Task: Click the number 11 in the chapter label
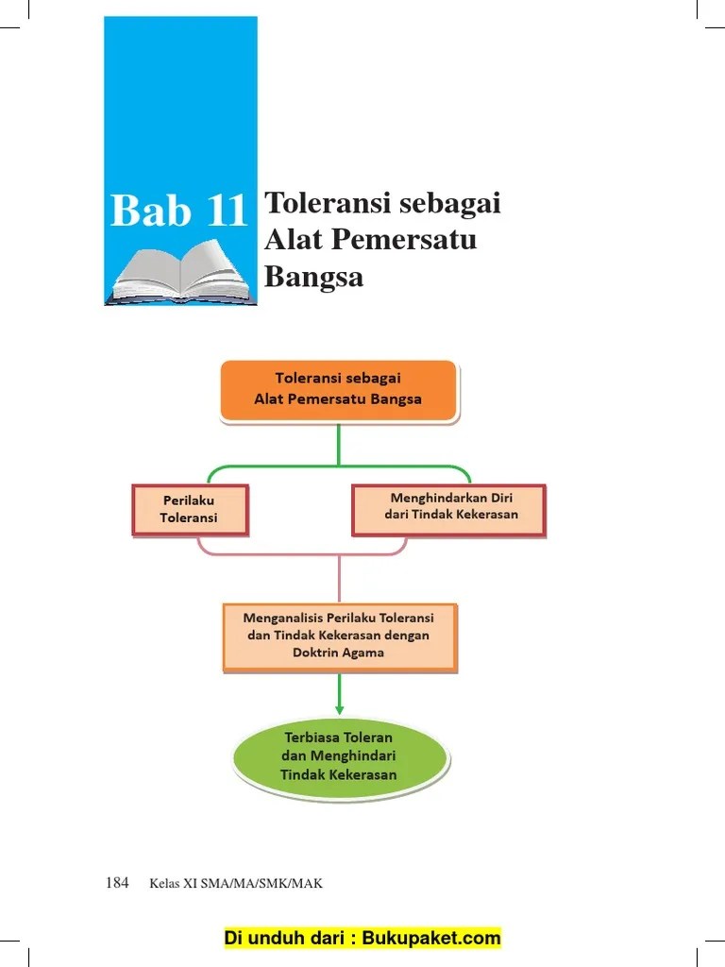coord(227,211)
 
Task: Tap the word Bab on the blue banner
coord(150,210)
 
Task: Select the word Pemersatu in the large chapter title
coord(404,239)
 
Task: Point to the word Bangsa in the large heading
coord(313,277)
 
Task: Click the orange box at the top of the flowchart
coord(339,390)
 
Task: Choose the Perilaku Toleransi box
coord(190,509)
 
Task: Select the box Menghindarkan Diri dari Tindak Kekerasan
coord(448,509)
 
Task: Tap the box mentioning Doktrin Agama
coord(340,637)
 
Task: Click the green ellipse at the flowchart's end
coord(340,757)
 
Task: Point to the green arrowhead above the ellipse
coord(339,710)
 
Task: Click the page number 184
coord(117,883)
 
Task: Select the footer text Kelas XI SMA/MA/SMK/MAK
coord(235,883)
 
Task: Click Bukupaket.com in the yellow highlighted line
coord(430,938)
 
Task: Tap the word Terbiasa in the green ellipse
coord(311,737)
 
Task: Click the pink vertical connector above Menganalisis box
coord(339,579)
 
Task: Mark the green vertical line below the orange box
coord(339,444)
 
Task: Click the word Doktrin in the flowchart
coord(313,653)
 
